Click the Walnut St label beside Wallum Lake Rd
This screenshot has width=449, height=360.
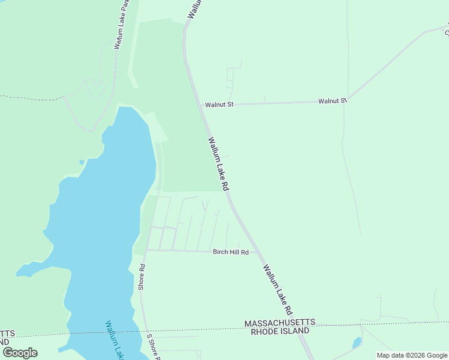point(218,104)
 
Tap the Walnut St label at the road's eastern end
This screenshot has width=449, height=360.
point(333,101)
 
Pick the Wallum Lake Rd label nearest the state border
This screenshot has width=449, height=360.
point(277,290)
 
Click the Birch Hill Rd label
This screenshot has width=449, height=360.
point(231,253)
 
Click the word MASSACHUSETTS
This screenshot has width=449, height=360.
point(279,323)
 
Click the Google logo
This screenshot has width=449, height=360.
point(20,353)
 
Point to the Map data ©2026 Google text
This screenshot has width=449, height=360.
point(412,355)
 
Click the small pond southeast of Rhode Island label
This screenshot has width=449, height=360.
point(357,343)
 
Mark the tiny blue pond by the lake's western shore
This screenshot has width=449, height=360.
point(81,162)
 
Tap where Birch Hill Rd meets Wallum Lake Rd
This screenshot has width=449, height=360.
point(256,252)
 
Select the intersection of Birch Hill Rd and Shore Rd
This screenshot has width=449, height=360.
point(146,250)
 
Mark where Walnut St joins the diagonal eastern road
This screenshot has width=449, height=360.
point(348,100)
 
